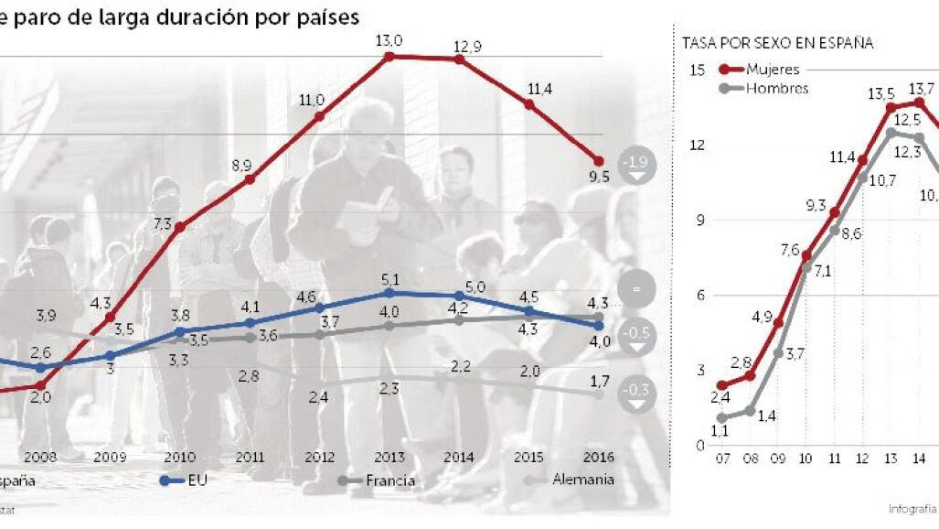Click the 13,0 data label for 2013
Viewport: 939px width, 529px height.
click(389, 38)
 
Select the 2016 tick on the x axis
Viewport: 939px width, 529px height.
click(599, 456)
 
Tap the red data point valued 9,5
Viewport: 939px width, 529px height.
click(600, 161)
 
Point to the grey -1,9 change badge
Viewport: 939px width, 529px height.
click(636, 162)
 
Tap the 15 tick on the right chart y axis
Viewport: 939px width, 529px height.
click(697, 70)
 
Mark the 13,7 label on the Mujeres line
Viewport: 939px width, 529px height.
click(921, 89)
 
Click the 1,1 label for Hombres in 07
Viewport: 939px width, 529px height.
click(720, 431)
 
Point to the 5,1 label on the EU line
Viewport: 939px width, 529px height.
click(389, 278)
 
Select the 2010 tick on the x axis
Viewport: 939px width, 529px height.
click(179, 456)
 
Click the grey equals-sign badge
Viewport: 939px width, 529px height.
click(636, 289)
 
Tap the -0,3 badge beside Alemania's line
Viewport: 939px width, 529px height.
click(636, 394)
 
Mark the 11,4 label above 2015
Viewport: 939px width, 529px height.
click(528, 88)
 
